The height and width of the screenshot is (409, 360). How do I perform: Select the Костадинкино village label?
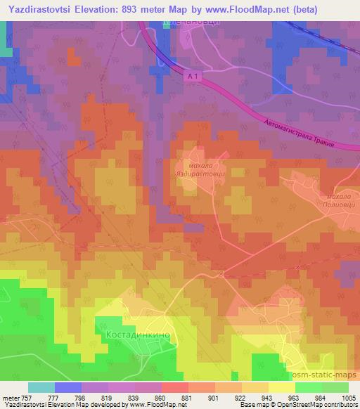tap(138, 335)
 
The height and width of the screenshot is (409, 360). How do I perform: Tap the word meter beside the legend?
tap(11, 398)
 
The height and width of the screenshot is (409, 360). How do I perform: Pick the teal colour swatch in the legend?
tap(41, 387)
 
